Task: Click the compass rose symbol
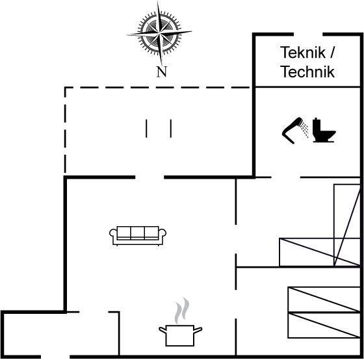tap(159, 33)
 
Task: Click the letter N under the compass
tap(162, 72)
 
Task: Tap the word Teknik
tap(303, 53)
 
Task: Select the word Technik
tap(307, 71)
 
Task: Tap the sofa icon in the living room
tap(138, 236)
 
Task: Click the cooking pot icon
tap(181, 335)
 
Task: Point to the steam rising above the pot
tap(182, 311)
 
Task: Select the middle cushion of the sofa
tap(137, 233)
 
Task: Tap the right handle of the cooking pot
tap(198, 330)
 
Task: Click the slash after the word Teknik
tap(332, 53)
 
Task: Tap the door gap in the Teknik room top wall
tap(308, 34)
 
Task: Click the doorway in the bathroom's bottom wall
tap(286, 177)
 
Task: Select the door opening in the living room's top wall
tap(149, 177)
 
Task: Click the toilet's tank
tap(316, 127)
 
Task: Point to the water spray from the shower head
tap(304, 129)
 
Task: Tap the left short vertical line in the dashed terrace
tap(146, 129)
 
